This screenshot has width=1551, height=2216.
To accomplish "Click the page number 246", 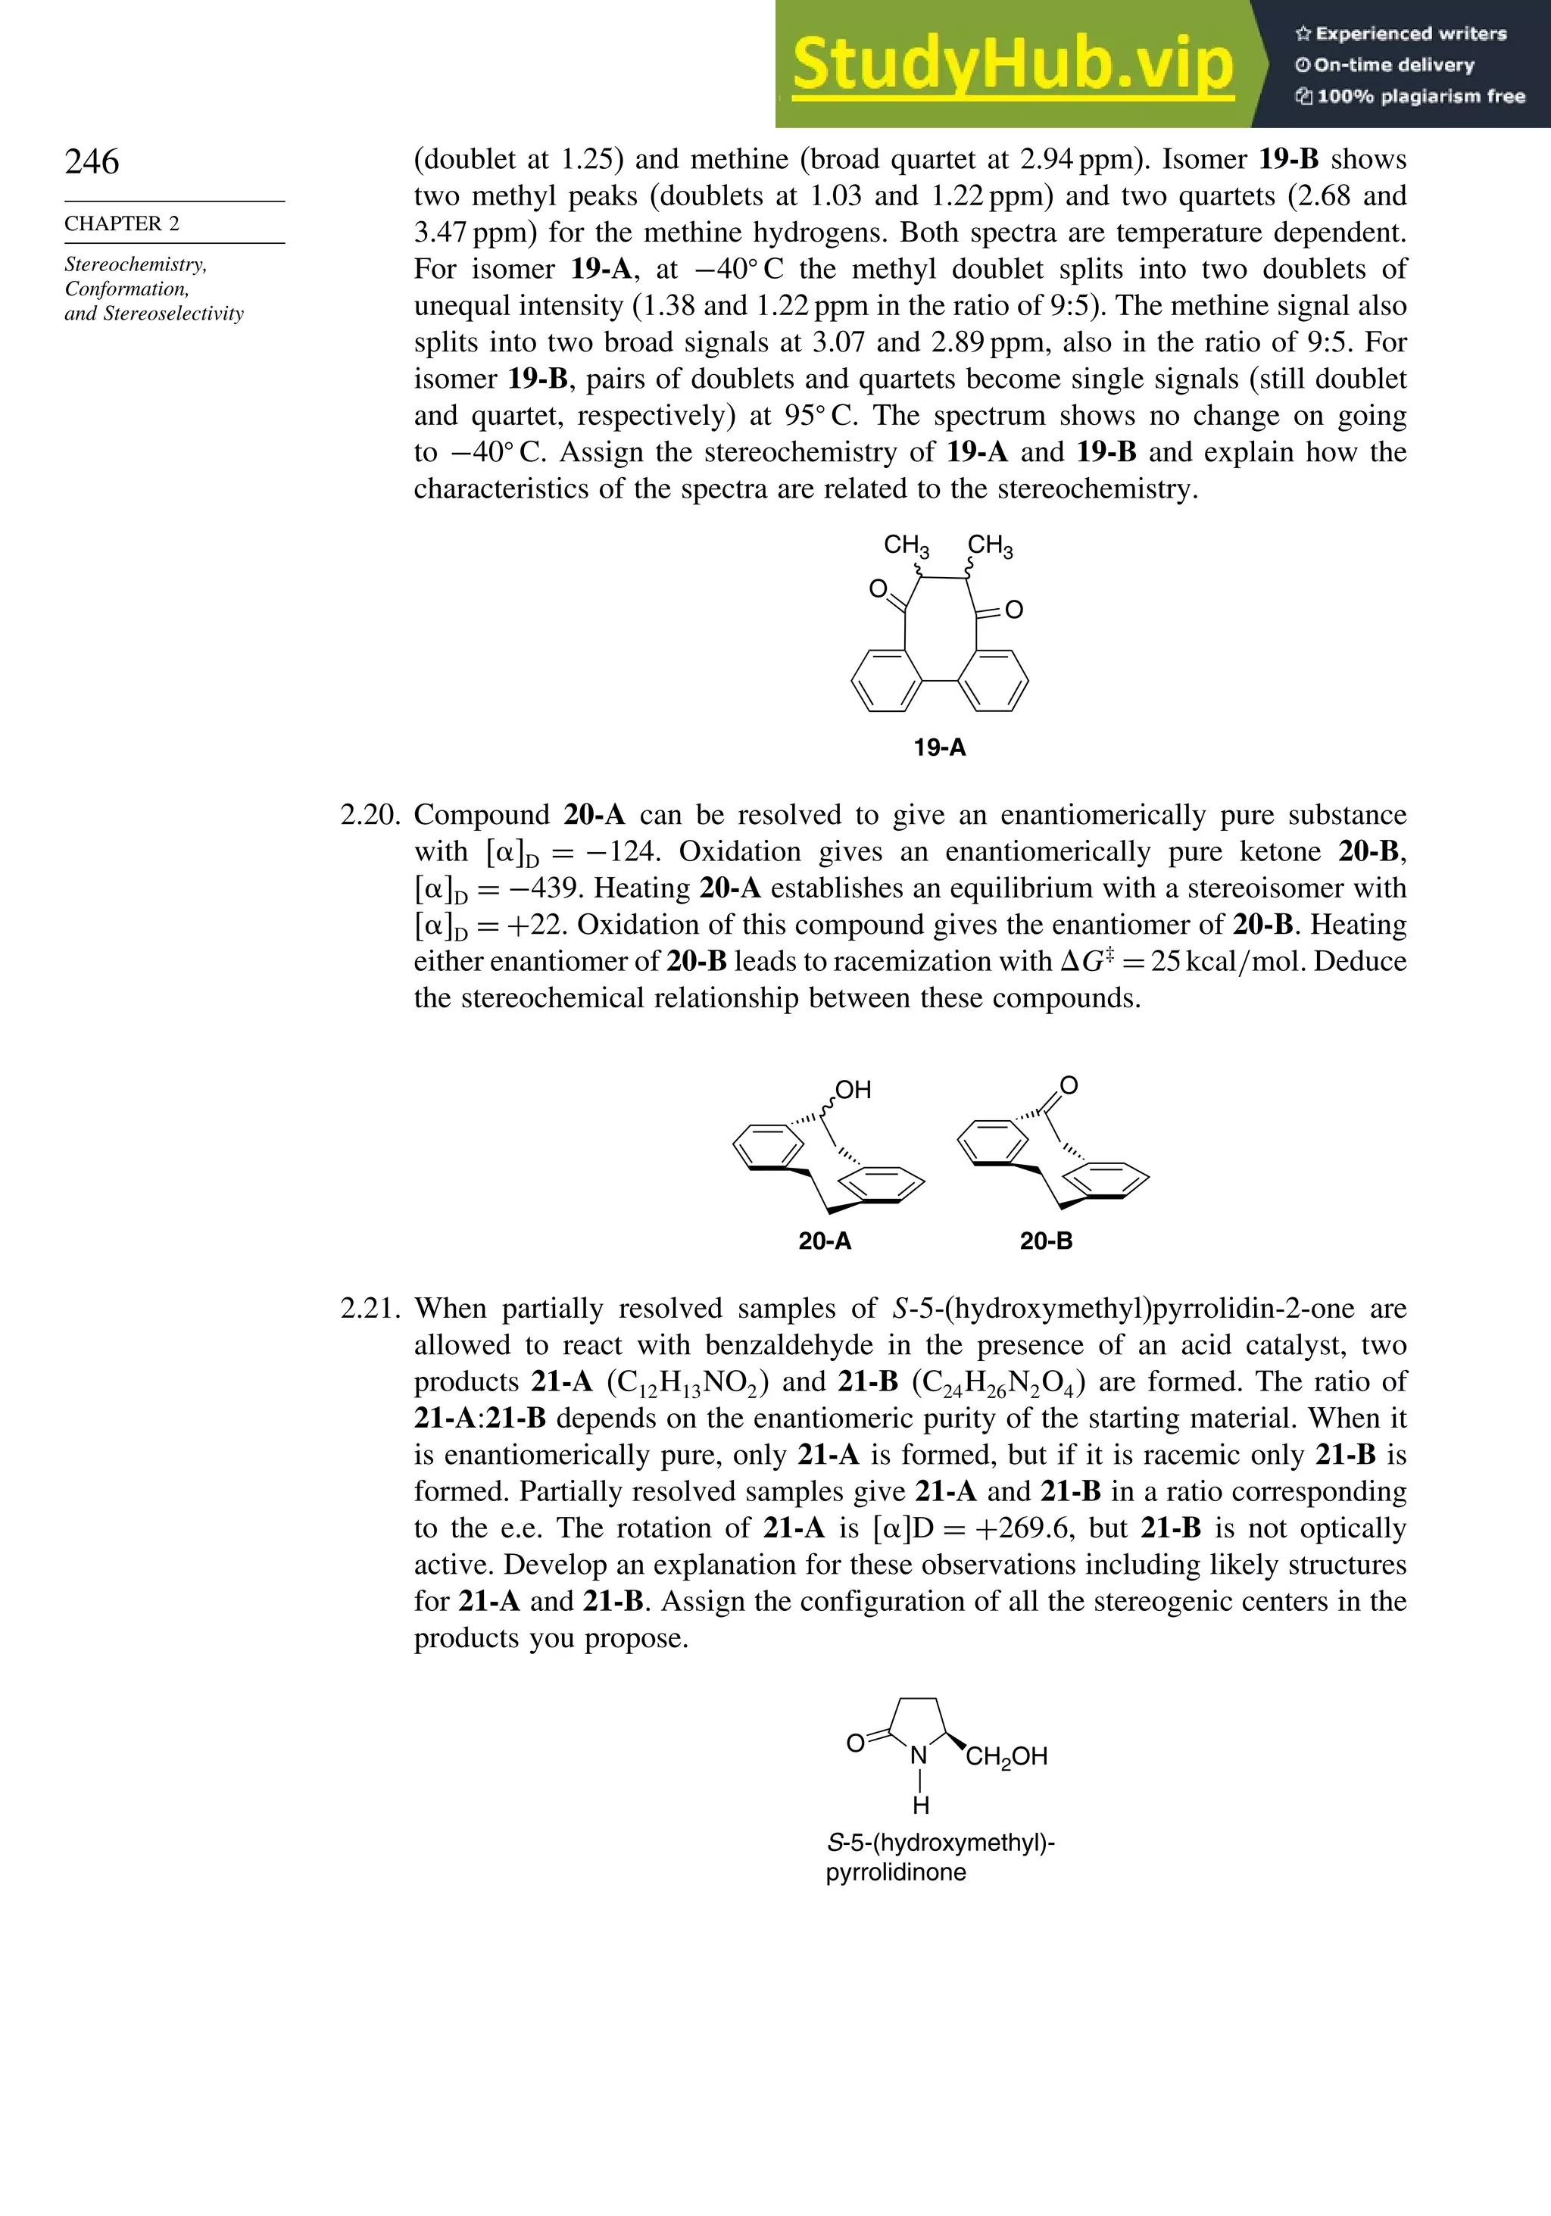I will pos(92,161).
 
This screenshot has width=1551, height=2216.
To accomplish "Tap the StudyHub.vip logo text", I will pos(1013,66).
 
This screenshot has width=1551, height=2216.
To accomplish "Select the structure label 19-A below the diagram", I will pos(939,747).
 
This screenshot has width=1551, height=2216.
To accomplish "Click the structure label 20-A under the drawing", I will pos(824,1241).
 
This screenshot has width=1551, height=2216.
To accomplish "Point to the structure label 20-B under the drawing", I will pos(1046,1241).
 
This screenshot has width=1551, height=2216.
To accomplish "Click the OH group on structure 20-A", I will pos(854,1090).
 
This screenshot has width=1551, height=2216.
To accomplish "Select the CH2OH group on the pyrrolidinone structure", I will pos(1006,1756).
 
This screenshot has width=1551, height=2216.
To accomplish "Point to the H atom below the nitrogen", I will pos(921,1804).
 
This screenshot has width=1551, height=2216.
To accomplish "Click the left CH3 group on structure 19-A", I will pos(907,546).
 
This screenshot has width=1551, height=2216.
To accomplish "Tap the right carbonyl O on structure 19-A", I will pos(1013,610).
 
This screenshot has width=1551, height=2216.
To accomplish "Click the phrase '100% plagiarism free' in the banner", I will pos(1410,96).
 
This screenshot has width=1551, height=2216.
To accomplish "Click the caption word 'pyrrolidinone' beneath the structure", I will pos(896,1872).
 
